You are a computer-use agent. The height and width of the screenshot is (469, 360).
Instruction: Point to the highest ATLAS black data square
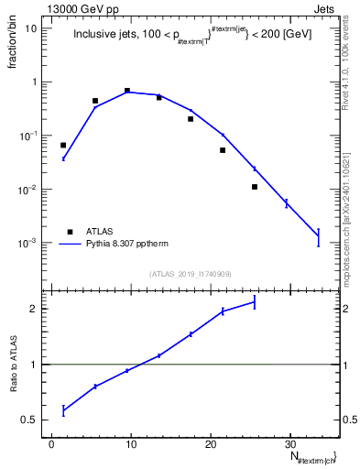pyautogui.click(x=126, y=91)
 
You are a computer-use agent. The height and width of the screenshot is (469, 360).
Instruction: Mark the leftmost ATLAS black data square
pyautogui.click(x=63, y=145)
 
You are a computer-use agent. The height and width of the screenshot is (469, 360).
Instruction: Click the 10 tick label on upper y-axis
pyautogui.click(x=30, y=28)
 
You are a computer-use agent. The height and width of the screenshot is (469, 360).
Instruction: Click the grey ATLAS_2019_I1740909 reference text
pyautogui.click(x=190, y=274)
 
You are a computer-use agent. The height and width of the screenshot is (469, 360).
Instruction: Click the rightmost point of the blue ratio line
pyautogui.click(x=255, y=302)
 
